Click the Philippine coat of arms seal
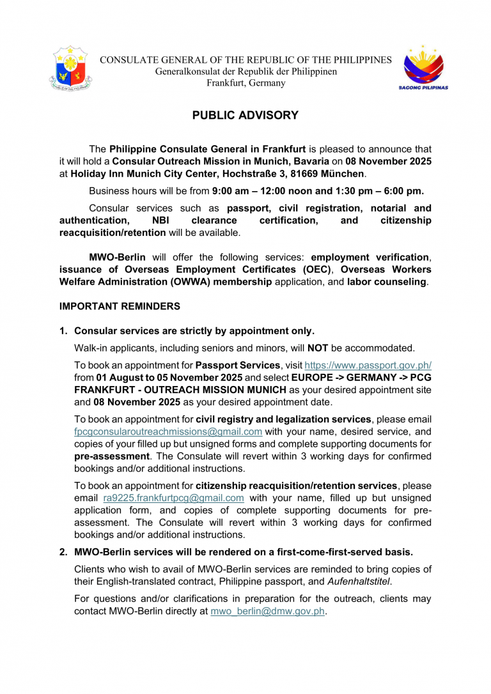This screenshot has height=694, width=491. pyautogui.click(x=70, y=68)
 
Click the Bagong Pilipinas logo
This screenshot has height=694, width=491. pyautogui.click(x=423, y=68)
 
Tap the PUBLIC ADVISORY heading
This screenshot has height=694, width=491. pyautogui.click(x=245, y=116)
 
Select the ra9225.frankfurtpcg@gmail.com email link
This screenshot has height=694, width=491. pyautogui.click(x=173, y=497)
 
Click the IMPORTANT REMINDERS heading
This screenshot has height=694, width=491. pyautogui.click(x=120, y=307)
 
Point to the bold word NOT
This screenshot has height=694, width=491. pyautogui.click(x=318, y=348)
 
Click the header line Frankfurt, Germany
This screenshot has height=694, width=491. pyautogui.click(x=246, y=83)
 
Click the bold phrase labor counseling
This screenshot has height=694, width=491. pyautogui.click(x=387, y=281)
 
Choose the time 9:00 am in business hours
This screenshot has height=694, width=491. pyautogui.click(x=231, y=191)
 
